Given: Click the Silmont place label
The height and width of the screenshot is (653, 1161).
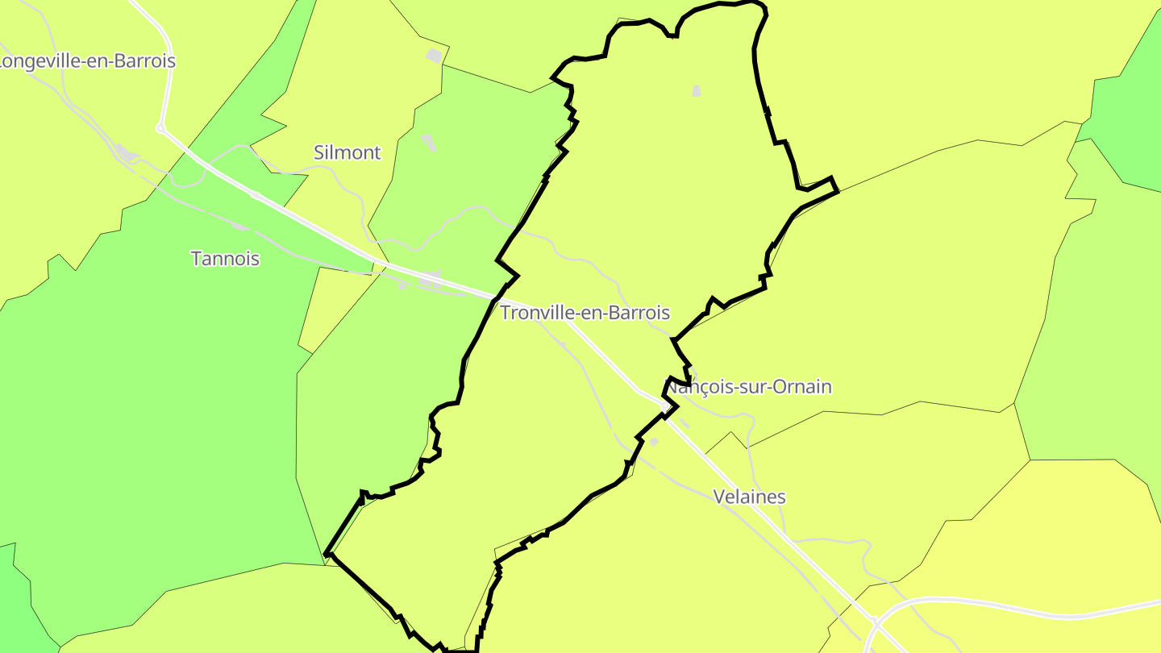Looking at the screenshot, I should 347,152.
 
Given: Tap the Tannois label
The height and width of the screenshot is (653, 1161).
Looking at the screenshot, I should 225,259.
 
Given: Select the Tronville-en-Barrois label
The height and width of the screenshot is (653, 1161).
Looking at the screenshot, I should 585,313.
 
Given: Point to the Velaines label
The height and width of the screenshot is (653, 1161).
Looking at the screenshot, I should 749,497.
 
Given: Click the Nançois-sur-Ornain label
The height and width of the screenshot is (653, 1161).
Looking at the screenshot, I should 748,387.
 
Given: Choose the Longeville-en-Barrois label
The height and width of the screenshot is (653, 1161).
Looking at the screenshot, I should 87,61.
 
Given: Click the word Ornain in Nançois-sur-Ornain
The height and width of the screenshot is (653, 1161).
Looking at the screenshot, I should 801,387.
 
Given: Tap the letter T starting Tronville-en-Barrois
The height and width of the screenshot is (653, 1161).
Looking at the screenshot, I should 506,313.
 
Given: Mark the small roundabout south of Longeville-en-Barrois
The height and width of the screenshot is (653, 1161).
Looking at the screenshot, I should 160,128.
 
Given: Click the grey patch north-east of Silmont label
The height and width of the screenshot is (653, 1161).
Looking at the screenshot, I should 435,56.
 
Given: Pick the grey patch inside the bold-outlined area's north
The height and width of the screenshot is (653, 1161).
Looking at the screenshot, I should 697,91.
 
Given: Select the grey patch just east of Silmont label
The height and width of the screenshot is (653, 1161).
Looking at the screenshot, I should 428,143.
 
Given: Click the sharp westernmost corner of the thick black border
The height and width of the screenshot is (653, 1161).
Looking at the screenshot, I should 326,555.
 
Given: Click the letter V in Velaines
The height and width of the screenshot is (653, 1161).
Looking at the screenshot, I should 719,497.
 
